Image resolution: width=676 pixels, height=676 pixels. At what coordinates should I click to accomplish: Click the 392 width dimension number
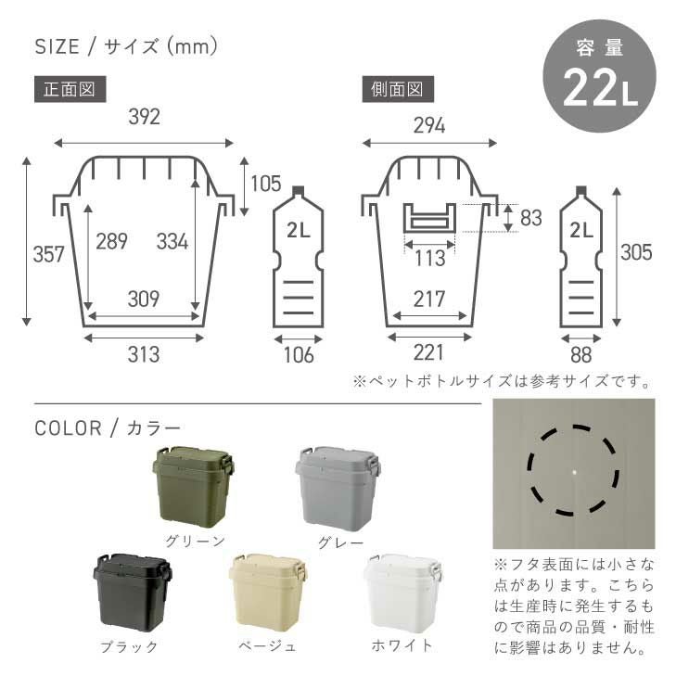coord(145,117)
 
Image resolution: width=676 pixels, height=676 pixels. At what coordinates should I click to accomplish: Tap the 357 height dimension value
coord(49,254)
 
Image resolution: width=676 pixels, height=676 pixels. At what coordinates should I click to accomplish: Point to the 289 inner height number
coord(111,241)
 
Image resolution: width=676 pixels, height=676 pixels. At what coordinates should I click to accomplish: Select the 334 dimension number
coord(172,241)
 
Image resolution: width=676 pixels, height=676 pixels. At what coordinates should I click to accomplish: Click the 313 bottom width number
coord(144,354)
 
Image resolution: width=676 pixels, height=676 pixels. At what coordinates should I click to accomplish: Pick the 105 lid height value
coord(266,184)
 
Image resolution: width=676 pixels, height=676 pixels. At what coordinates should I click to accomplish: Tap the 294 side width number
coord(429,125)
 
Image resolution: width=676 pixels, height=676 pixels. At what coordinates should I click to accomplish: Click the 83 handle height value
coord(530,218)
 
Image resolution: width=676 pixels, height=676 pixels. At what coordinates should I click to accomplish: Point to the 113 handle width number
coord(430,258)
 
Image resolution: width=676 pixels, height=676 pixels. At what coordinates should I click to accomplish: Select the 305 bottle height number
coord(636,252)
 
